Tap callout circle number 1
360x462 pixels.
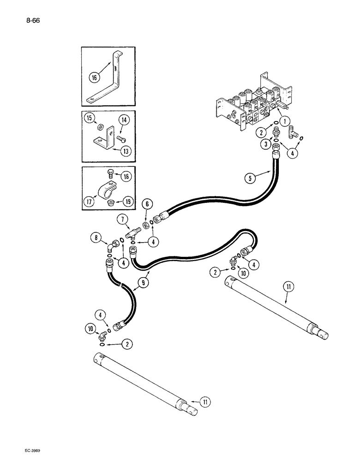[286, 122]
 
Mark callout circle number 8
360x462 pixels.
[96, 238]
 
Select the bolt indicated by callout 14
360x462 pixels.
[121, 138]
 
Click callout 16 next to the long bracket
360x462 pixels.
[94, 78]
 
